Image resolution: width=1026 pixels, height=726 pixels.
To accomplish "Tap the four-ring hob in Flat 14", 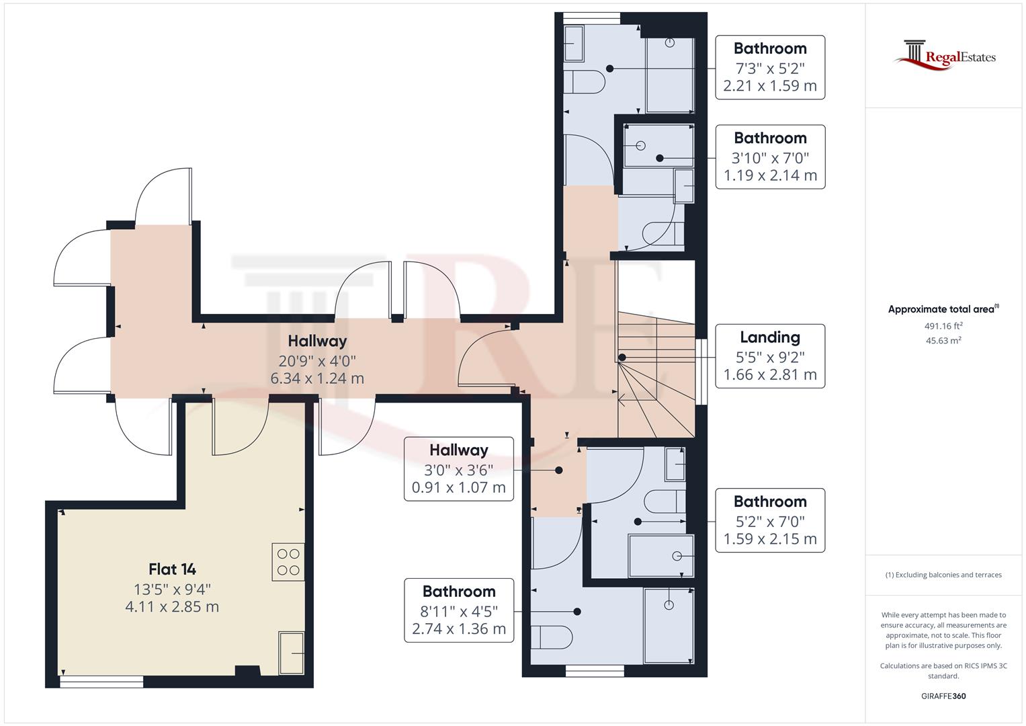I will pyautogui.click(x=288, y=562).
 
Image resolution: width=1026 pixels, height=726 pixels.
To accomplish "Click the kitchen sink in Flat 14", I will pyautogui.click(x=292, y=653).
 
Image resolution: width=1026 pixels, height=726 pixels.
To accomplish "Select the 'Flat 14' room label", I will pyautogui.click(x=172, y=569).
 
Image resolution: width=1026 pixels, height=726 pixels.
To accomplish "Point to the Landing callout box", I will pyautogui.click(x=769, y=356).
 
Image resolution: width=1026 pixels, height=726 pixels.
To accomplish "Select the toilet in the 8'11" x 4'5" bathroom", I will pyautogui.click(x=551, y=637).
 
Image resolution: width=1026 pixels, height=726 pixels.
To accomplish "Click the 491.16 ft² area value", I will pyautogui.click(x=944, y=326).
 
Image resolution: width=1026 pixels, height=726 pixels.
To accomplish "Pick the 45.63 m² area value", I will pyautogui.click(x=944, y=340).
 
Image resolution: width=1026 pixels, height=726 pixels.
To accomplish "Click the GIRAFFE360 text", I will pyautogui.click(x=943, y=696).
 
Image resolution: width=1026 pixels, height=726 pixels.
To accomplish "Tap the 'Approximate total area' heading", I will pyautogui.click(x=943, y=309).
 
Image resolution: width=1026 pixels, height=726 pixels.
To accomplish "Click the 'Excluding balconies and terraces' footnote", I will pyautogui.click(x=943, y=575).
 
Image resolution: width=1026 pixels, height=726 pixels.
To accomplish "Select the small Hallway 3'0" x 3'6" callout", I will pyautogui.click(x=458, y=469).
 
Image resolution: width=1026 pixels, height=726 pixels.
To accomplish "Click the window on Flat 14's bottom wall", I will pyautogui.click(x=101, y=682).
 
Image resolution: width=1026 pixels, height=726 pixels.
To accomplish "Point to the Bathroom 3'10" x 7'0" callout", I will pyautogui.click(x=770, y=157).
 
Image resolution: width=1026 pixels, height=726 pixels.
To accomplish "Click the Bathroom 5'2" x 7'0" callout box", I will pyautogui.click(x=770, y=520).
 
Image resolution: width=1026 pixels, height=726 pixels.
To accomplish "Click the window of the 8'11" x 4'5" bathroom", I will pyautogui.click(x=595, y=670).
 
